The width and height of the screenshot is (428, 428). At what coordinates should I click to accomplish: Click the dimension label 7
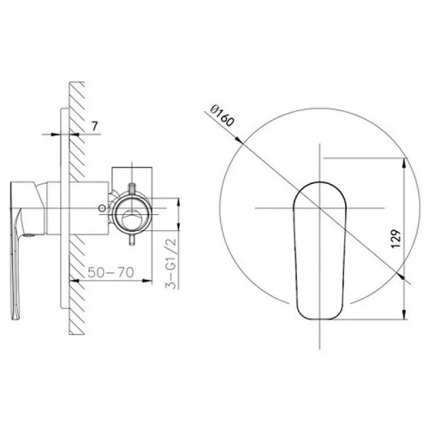pyautogui.click(x=95, y=126)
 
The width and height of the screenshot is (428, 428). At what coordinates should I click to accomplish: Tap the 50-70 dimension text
pyautogui.click(x=110, y=272)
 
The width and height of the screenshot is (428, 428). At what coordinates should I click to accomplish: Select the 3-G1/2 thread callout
pyautogui.click(x=172, y=263)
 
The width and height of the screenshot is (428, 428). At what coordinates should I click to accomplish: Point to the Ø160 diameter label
pyautogui.click(x=223, y=116)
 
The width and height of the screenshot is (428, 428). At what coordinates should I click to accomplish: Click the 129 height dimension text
pyautogui.click(x=395, y=238)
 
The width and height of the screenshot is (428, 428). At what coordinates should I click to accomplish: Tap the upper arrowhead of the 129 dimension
pyautogui.click(x=404, y=163)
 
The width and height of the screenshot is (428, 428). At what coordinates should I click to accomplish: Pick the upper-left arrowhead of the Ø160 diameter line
pyautogui.click(x=238, y=139)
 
